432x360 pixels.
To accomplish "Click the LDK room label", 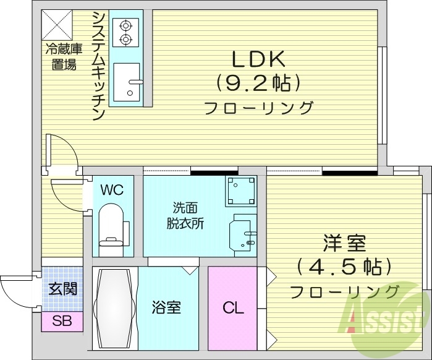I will tap(258, 59).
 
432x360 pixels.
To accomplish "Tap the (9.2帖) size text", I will tap(258, 82).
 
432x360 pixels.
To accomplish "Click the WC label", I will tap(112, 190).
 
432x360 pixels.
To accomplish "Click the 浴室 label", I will tap(166, 307).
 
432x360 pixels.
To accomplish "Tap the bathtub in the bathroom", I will tap(115, 307).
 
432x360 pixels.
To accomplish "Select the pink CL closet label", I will tap(232, 307).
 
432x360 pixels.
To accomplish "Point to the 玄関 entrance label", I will tap(62, 289).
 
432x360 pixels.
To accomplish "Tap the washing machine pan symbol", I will tap(240, 191).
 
